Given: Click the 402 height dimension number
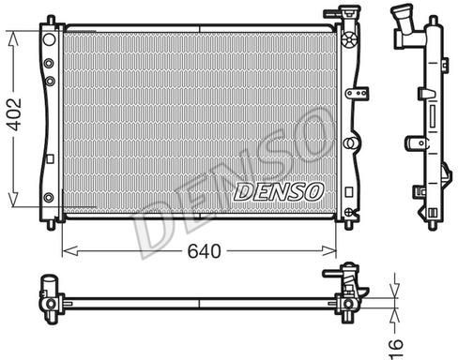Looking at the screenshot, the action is [15, 114].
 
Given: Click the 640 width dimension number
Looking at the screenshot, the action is [204, 251].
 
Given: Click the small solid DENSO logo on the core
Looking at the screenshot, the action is [278, 191].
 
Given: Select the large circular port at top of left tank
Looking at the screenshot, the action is [49, 39].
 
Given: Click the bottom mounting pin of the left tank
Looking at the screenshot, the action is [51, 225].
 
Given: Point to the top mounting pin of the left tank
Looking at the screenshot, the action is [51, 20].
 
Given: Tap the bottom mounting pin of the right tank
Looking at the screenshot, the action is [349, 225].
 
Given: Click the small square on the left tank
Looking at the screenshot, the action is [50, 158].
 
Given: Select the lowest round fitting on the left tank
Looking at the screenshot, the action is [49, 198].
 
